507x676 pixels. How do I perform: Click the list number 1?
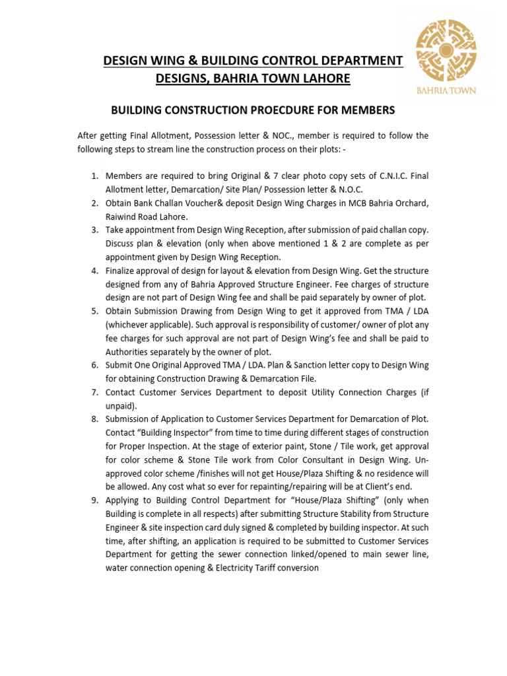94,176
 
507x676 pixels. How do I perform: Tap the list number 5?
94,311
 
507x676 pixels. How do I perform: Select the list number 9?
94,500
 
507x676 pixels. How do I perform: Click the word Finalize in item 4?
123,271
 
